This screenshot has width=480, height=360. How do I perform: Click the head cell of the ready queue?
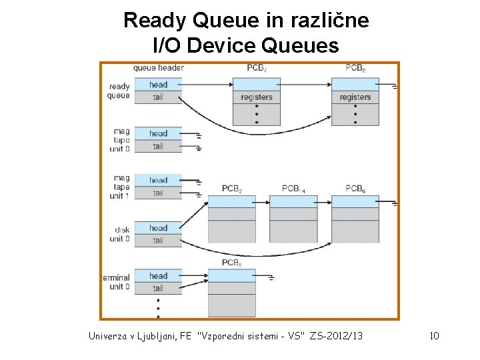[158, 85]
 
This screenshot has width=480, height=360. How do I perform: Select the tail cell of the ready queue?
[158, 97]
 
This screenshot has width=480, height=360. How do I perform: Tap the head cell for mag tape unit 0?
[158, 133]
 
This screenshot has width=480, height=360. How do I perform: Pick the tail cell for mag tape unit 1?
[158, 193]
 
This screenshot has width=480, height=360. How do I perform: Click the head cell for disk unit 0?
[158, 228]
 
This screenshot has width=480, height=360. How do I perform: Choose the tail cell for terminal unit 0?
[158, 288]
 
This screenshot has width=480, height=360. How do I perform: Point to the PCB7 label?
[257, 68]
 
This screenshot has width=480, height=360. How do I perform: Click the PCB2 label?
[355, 68]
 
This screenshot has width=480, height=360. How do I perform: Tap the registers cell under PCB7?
[257, 97]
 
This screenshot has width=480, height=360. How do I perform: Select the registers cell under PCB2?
[355, 97]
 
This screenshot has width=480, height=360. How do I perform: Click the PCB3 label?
[232, 189]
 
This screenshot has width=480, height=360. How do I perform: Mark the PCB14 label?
[293, 189]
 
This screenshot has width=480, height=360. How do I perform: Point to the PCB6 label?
[355, 189]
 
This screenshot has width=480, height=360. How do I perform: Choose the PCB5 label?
[232, 263]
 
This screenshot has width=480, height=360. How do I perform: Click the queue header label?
[158, 67]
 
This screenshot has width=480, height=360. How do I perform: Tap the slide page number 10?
[434, 335]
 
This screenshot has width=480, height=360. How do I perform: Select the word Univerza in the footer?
[112, 335]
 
